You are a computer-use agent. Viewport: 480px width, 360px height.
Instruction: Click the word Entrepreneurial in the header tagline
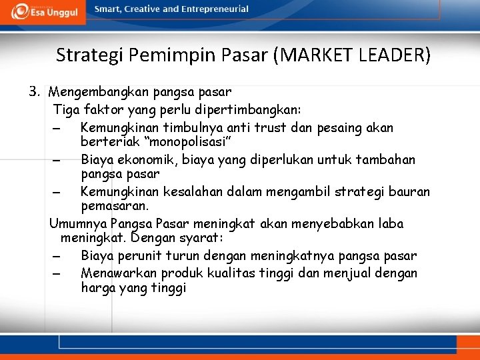(215, 9)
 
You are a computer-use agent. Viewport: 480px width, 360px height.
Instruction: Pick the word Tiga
(65, 109)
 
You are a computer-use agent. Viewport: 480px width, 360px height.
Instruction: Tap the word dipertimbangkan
(253, 109)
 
